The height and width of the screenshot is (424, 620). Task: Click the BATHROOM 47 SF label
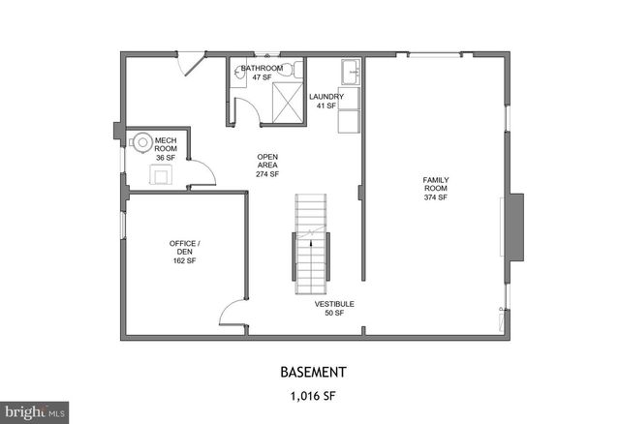click(x=262, y=72)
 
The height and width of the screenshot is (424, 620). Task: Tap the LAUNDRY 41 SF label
click(x=323, y=101)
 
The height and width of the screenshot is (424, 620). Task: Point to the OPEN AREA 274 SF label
click(x=267, y=166)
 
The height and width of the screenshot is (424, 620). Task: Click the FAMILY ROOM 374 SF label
click(x=435, y=189)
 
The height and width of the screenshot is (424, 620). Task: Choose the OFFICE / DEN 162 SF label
click(x=184, y=252)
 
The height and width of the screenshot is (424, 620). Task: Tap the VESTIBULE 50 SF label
click(x=334, y=308)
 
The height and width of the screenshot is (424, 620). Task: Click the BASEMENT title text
click(x=312, y=372)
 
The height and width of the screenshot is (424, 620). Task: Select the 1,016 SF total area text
click(x=312, y=396)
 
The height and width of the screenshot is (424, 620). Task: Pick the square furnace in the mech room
click(x=160, y=174)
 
